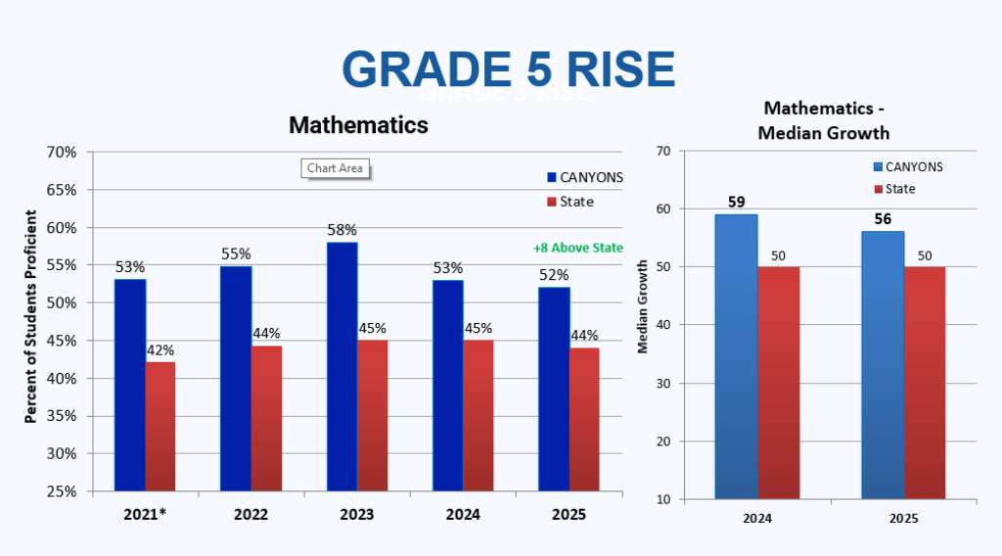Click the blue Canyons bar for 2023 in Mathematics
tap(342, 366)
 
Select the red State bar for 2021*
tap(160, 426)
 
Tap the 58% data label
tap(342, 231)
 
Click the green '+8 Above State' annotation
tap(577, 248)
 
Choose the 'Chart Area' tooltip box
tap(335, 168)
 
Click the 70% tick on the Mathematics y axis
tap(62, 153)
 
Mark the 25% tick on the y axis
tap(62, 491)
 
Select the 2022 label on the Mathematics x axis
tap(251, 514)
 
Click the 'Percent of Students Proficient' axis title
tap(30, 316)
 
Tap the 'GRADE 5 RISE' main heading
tap(509, 69)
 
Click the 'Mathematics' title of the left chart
tap(358, 125)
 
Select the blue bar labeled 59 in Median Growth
tap(735, 356)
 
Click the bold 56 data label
tap(883, 219)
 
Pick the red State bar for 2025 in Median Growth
tap(925, 383)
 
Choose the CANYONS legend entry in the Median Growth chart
tap(907, 166)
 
